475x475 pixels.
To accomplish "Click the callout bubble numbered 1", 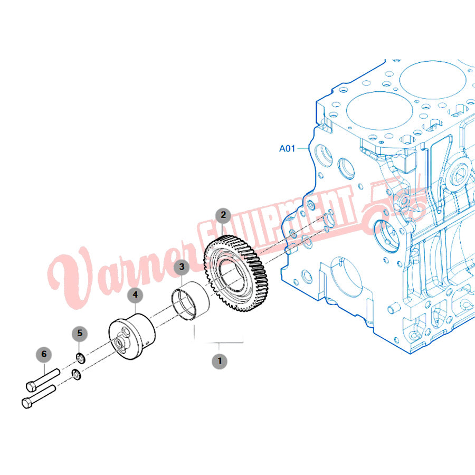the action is [220, 361].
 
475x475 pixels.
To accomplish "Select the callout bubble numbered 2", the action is [223, 215].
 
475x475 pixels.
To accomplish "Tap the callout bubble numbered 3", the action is [182, 267].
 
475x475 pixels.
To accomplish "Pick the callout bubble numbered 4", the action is [135, 295].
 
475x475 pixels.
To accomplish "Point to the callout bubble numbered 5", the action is [80, 334].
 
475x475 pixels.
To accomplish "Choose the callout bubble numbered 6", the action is [44, 355].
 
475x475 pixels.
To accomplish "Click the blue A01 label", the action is [287, 148].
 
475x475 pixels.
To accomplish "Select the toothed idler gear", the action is [236, 274].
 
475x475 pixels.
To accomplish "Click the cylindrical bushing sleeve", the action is [190, 300].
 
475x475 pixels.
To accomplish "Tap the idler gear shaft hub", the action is [132, 337].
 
